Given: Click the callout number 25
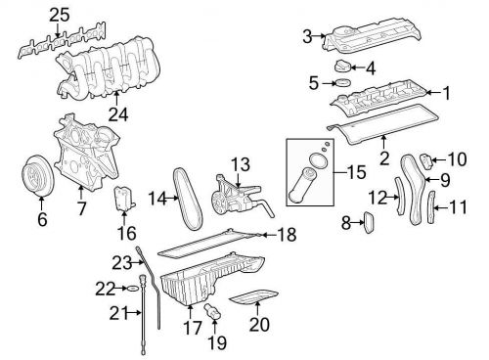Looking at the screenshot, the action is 60,15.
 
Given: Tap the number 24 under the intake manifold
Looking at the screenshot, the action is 118,114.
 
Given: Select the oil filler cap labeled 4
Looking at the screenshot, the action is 342,67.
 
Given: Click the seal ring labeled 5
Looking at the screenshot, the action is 343,83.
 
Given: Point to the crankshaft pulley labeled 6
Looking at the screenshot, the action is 36,176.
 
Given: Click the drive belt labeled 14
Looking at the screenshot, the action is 188,199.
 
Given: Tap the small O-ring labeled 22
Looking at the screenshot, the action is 132,289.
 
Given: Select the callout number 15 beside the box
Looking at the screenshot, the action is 357,172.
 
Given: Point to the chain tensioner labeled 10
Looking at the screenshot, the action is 427,161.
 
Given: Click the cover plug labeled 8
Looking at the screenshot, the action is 370,222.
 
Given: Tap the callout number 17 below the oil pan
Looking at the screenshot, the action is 193,328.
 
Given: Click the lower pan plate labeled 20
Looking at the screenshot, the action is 253,296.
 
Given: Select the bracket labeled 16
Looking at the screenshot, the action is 124,199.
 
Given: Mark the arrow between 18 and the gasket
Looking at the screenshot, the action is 269,235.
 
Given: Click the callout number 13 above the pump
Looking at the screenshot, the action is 241,164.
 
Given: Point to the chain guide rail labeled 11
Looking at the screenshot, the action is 431,207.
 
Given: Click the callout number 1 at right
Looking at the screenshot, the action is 447,93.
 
